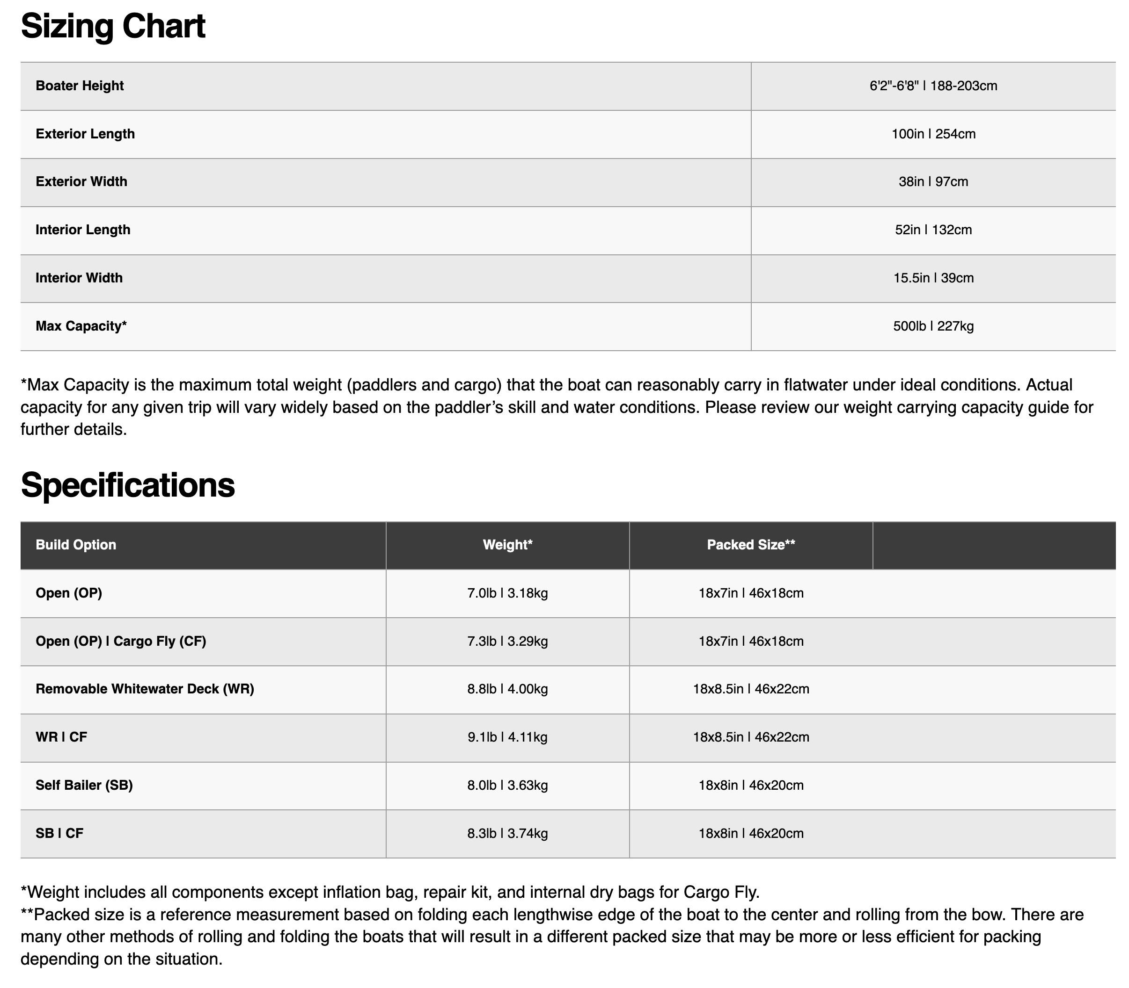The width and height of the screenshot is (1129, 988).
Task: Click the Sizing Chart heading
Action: pos(113,27)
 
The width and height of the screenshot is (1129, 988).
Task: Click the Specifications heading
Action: pos(127,485)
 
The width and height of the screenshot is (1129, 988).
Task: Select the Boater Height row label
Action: pos(80,86)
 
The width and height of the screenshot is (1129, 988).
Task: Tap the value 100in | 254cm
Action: pos(933,134)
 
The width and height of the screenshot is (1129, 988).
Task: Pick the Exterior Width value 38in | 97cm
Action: pos(933,182)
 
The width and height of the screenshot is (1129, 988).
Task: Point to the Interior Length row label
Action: pos(83,230)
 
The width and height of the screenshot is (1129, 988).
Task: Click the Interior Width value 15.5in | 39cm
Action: pos(933,278)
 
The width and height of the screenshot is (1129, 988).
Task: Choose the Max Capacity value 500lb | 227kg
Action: pos(933,326)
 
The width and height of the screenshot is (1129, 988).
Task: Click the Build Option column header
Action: pos(76,545)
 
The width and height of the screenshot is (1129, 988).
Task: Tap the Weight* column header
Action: pos(507,545)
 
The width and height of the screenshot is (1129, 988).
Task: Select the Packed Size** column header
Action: pos(750,545)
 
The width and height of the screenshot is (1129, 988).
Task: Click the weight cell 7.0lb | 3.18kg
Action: pos(507,593)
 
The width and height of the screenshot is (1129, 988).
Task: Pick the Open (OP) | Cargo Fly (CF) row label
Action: pos(121,641)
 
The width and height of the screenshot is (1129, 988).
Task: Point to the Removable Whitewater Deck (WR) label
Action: pos(145,689)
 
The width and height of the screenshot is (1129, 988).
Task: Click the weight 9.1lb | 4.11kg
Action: pos(507,737)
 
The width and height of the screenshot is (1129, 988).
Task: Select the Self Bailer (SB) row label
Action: pos(84,785)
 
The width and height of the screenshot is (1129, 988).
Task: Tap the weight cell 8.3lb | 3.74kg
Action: pos(507,833)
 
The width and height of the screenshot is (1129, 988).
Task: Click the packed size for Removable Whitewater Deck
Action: pos(750,689)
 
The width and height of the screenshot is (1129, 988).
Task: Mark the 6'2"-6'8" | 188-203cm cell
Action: pos(933,86)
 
